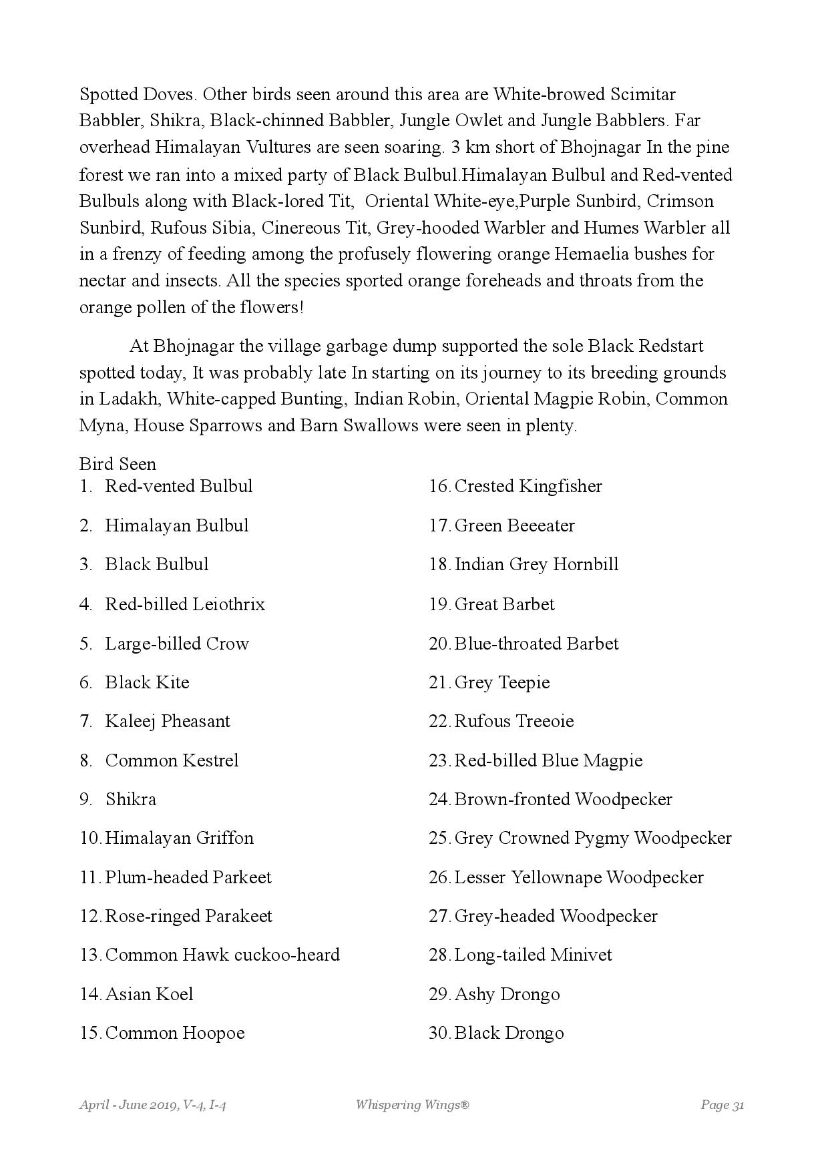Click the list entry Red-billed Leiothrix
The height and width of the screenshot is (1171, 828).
click(184, 604)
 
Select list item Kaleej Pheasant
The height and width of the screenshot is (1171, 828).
click(167, 721)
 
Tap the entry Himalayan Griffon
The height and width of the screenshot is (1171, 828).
click(179, 838)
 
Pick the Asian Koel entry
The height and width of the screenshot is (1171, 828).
click(149, 994)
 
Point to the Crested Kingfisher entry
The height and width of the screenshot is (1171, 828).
click(528, 486)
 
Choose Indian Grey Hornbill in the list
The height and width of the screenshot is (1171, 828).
click(536, 564)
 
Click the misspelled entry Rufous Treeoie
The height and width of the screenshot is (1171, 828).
click(513, 721)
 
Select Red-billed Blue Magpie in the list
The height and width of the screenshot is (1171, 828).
click(548, 760)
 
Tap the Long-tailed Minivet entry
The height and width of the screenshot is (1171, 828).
click(533, 955)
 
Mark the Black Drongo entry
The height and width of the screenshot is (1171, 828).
click(509, 1033)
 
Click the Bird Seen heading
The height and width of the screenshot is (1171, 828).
click(118, 464)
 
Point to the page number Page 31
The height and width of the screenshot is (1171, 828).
click(722, 1105)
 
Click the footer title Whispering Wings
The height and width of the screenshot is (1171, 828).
click(412, 1105)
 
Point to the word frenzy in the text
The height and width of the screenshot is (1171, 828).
click(148, 254)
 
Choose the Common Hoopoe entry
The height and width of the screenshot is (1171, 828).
click(175, 1033)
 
